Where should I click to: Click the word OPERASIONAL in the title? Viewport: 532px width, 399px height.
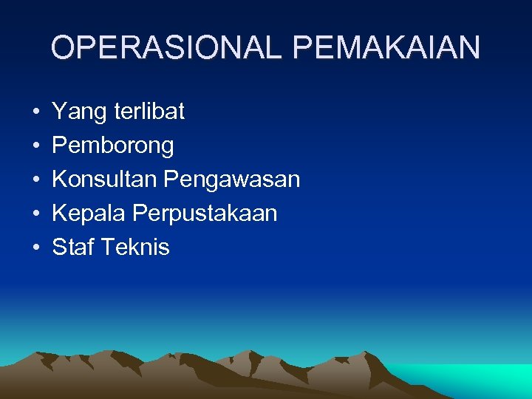[x=168, y=48]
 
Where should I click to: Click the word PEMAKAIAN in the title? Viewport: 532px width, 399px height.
[x=386, y=48]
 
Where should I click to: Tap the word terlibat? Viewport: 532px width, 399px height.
[x=150, y=112]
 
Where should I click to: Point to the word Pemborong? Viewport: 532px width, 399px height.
[x=113, y=146]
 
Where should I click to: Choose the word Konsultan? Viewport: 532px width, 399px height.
[x=105, y=180]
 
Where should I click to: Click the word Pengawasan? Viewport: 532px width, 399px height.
[x=232, y=180]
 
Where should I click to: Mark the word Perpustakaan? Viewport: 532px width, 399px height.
[x=205, y=214]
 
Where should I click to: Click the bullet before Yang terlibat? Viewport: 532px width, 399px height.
[x=35, y=113]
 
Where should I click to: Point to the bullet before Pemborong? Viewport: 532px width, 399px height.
[x=35, y=146]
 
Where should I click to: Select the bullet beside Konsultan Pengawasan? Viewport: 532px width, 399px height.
[x=35, y=180]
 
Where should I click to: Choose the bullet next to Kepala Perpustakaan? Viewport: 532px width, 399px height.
[x=35, y=214]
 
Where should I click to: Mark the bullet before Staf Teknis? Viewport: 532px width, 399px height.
[x=35, y=248]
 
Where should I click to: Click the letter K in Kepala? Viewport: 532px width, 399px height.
[x=60, y=214]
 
